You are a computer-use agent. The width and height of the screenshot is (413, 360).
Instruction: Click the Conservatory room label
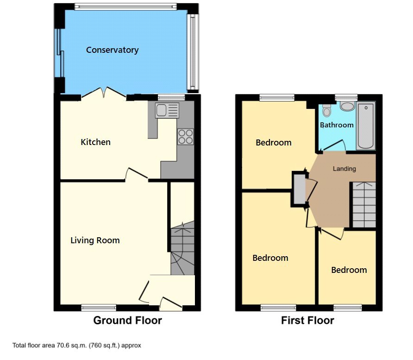(x=112, y=50)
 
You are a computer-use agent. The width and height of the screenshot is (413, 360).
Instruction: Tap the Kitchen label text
(x=95, y=142)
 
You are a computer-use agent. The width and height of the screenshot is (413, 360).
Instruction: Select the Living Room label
(x=95, y=240)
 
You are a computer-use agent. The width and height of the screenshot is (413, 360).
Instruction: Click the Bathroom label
(x=337, y=125)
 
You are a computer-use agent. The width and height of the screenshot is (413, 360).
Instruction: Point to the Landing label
(x=344, y=169)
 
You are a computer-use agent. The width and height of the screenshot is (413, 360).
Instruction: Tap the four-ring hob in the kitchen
(x=185, y=137)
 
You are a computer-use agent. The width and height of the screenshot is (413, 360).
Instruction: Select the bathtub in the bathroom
(x=366, y=126)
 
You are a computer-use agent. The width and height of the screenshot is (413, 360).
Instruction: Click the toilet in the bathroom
(x=326, y=110)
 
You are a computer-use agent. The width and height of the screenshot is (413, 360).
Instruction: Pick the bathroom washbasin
(x=346, y=106)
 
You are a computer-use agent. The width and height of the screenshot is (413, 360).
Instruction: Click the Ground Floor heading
(x=128, y=320)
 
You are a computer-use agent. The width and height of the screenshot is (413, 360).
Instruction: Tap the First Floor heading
(x=307, y=320)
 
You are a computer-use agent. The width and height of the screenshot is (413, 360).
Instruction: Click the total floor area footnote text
(x=77, y=345)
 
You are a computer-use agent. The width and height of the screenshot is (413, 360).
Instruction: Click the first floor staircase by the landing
(x=364, y=204)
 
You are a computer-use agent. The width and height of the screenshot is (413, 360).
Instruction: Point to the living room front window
(x=99, y=307)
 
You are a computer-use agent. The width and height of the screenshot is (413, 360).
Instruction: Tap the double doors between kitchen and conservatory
(x=104, y=93)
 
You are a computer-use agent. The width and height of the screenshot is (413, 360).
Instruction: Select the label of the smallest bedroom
(x=349, y=270)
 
